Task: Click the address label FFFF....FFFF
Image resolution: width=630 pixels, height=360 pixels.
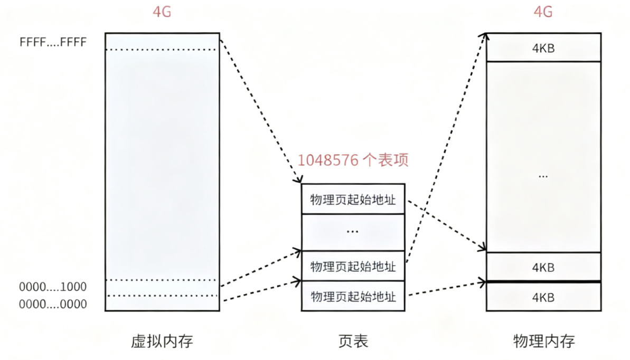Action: pyautogui.click(x=53, y=42)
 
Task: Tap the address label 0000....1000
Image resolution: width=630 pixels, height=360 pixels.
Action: pyautogui.click(x=53, y=287)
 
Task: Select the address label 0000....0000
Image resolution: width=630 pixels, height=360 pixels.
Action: pyautogui.click(x=53, y=304)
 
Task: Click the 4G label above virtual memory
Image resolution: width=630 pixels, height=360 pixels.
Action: pyautogui.click(x=162, y=12)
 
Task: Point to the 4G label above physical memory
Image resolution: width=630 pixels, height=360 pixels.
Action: pyautogui.click(x=543, y=12)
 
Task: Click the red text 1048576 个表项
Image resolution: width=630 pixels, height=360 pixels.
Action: pyautogui.click(x=353, y=160)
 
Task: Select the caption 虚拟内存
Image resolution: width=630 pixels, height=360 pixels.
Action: pyautogui.click(x=162, y=341)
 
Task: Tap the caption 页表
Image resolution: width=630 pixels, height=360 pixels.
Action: pyautogui.click(x=353, y=341)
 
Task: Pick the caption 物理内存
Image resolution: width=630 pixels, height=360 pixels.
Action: pyautogui.click(x=543, y=341)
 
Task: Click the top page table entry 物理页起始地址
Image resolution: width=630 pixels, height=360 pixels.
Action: pyautogui.click(x=353, y=200)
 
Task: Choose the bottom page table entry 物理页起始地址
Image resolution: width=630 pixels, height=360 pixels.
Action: pyautogui.click(x=353, y=297)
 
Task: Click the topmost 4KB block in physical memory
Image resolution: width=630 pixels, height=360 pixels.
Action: pyautogui.click(x=543, y=48)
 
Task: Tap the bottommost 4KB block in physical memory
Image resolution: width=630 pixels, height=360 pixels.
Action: pyautogui.click(x=543, y=297)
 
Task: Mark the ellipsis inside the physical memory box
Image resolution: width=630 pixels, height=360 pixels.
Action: pyautogui.click(x=543, y=176)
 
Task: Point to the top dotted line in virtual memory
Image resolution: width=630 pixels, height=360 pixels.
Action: pyautogui.click(x=162, y=50)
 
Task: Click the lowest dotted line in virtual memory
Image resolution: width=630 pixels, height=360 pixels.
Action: pyautogui.click(x=162, y=296)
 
